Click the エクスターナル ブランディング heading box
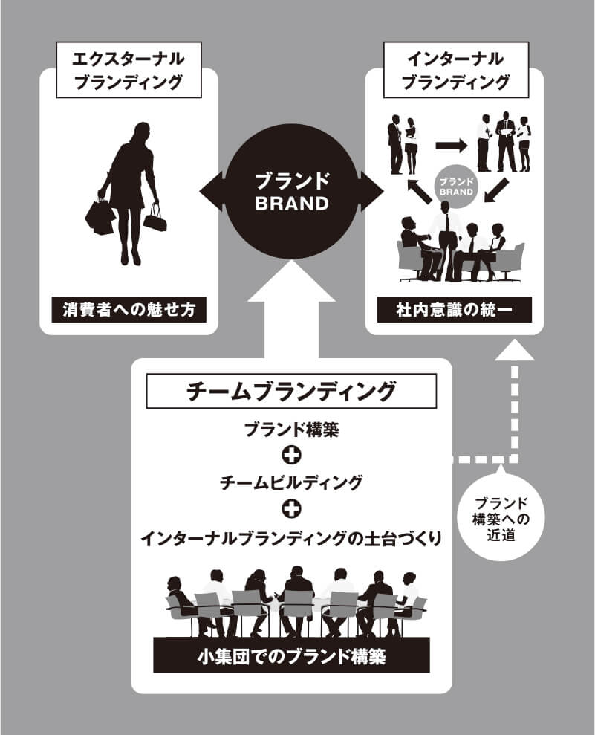pos(130,70)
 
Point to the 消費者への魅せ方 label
pos(129,310)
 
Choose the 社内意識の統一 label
pos(455,310)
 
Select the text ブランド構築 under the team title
pos(291,430)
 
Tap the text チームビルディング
pos(291,483)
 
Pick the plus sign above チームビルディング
pos(292,456)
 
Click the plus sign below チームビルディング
pos(292,510)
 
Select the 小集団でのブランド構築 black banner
pos(291,656)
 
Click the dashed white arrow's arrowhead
pos(518,349)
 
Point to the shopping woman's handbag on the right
pos(155,218)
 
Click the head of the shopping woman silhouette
pos(139,132)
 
